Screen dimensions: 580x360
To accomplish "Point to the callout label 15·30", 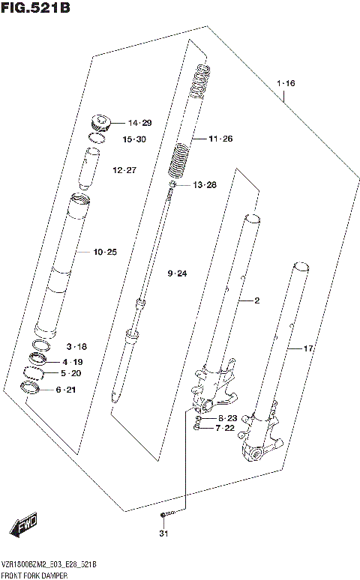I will point(134,139).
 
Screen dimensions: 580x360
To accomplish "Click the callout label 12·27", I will point(124,170).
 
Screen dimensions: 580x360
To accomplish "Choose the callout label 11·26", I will point(221,139).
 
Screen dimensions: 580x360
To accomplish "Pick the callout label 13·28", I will point(204,184).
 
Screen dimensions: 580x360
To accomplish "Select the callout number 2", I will point(256,300).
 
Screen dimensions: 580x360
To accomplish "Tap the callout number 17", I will point(307,348).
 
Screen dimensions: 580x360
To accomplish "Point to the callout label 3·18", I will point(76,347).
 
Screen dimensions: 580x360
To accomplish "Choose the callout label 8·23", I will point(227,417).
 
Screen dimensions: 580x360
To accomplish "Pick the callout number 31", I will point(163,534).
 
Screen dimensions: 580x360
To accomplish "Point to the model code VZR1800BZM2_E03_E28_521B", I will point(49,564).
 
